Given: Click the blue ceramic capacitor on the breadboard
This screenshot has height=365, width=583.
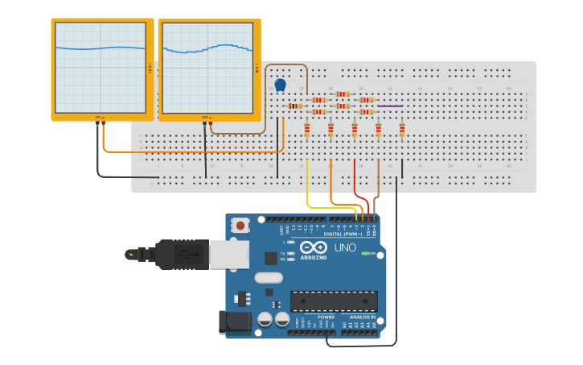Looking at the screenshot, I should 280,85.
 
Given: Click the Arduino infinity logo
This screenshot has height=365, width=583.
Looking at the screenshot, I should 314,247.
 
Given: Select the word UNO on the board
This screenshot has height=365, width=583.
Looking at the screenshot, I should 345,247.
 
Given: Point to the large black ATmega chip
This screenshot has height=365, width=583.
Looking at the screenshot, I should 334,301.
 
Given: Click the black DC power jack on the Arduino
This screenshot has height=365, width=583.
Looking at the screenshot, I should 233,322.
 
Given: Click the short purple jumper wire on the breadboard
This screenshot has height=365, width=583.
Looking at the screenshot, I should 390,106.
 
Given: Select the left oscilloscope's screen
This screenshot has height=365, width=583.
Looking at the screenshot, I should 101,68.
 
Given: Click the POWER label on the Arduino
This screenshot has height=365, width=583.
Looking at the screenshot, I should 326,317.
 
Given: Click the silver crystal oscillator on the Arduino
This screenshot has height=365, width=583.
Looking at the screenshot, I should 269,278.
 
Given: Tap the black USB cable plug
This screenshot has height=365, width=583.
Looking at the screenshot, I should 181,255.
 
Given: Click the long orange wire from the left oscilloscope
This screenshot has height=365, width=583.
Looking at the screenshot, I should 193,151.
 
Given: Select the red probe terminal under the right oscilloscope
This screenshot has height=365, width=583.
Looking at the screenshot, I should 211,123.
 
